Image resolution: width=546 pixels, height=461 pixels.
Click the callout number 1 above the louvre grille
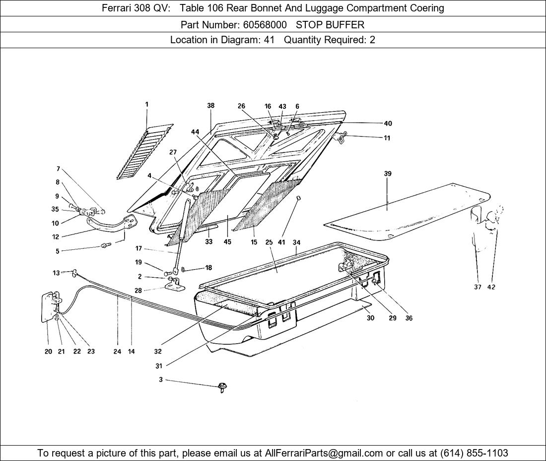pos(147,104)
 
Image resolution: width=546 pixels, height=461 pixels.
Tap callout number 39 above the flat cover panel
pos(388,173)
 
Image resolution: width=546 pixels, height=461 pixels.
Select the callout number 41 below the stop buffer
pos(281,242)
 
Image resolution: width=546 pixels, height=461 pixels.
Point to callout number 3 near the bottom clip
pos(161,380)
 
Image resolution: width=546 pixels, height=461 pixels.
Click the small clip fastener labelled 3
pos(221,386)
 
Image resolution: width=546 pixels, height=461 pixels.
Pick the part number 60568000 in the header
pos(258,24)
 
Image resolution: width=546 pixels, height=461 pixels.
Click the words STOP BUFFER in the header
pos(330,24)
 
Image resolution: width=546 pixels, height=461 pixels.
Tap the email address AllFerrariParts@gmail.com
pos(324,453)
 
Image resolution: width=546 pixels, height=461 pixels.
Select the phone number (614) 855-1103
pos(474,453)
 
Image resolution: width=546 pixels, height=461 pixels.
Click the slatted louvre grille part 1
pos(145,151)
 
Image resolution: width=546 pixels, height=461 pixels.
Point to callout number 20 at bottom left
pos(48,351)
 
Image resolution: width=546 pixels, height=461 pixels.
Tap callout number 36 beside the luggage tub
pos(409,318)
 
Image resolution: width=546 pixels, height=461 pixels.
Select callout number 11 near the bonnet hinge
pos(387,138)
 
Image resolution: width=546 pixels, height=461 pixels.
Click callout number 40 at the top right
pos(388,123)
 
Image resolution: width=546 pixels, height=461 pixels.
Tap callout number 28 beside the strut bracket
pos(138,290)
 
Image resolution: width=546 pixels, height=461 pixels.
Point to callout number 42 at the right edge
pos(491,287)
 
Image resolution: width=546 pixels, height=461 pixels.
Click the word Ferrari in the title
pos(117,8)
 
